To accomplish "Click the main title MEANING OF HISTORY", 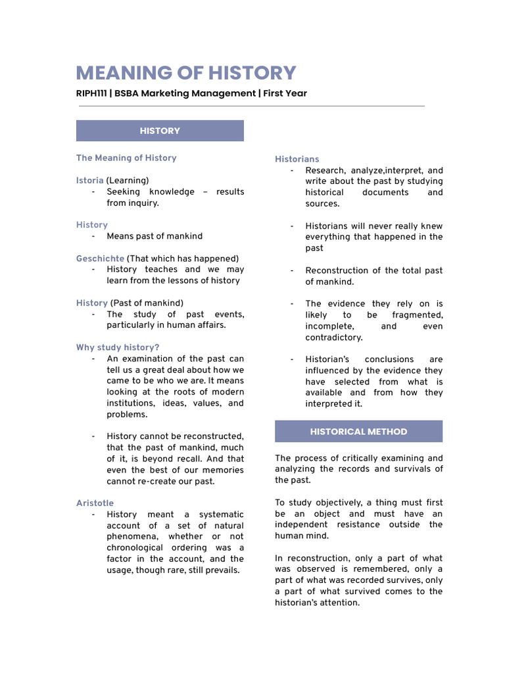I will [186, 73].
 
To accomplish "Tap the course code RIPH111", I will [91, 93].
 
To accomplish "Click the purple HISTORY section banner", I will [160, 131].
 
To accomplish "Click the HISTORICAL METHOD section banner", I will [358, 432].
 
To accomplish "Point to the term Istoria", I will [89, 180].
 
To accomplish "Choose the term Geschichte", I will [100, 258].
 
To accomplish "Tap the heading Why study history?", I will [118, 347].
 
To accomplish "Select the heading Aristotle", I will [95, 503].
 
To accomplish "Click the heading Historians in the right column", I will [297, 159].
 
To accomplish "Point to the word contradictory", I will [334, 337].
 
